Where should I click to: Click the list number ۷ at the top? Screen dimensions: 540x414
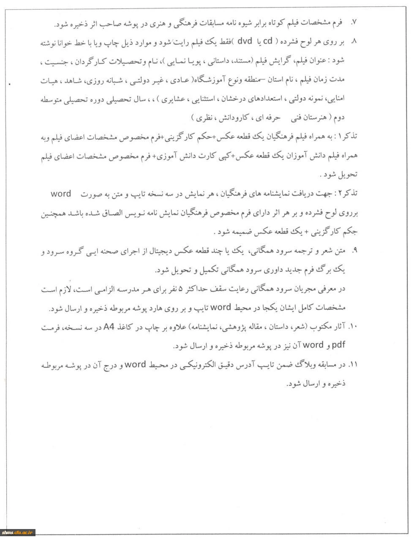click(x=354, y=21)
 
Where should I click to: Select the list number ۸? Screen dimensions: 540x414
click(x=354, y=43)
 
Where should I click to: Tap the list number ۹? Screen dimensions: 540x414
click(x=354, y=251)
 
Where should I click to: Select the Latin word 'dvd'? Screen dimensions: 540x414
click(x=244, y=42)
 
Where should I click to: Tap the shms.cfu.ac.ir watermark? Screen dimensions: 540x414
click(x=18, y=532)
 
